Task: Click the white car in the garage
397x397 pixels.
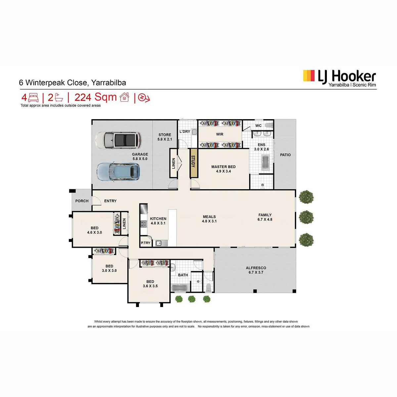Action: tap(118, 140)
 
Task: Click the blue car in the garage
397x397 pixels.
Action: tap(118, 172)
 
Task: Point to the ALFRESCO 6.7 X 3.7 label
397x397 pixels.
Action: tap(256, 270)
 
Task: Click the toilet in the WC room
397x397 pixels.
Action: tap(269, 125)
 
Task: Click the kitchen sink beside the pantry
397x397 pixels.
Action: tap(161, 243)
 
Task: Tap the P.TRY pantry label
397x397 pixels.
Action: tap(146, 243)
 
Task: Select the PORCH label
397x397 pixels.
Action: tap(82, 201)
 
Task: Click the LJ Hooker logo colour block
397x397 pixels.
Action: tap(309, 76)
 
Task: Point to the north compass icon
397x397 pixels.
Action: tap(144, 98)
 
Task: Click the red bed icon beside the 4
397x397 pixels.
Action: tap(33, 98)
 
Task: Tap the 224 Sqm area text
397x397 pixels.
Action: tap(96, 97)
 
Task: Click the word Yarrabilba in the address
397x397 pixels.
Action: tap(109, 83)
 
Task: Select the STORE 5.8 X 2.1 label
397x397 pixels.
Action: tap(165, 137)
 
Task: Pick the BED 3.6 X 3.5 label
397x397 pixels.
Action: tap(150, 284)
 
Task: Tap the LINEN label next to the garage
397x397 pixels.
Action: tap(173, 163)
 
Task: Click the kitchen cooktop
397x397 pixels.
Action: tap(143, 224)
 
